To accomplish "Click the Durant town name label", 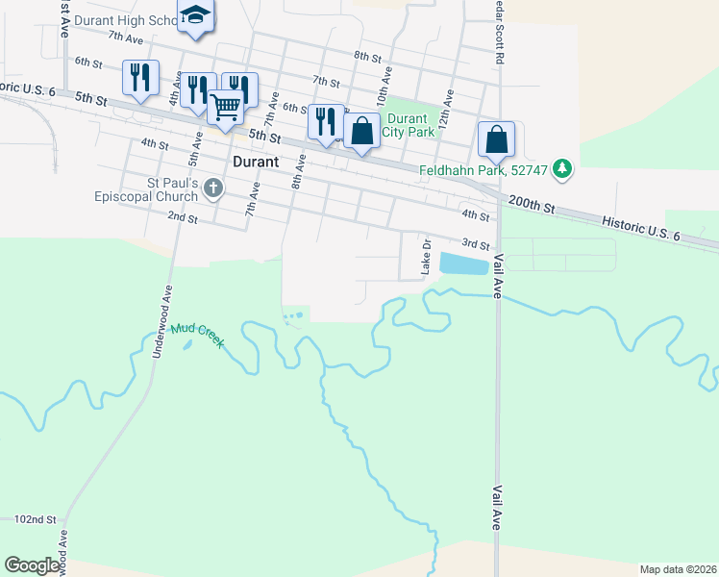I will pyautogui.click(x=256, y=162).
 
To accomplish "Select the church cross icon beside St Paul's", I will pyautogui.click(x=213, y=189).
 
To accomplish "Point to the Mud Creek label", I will pyautogui.click(x=198, y=335).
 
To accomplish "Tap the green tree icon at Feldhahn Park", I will pyautogui.click(x=563, y=170).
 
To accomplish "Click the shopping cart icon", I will pyautogui.click(x=225, y=107).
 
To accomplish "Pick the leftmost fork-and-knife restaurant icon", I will pyautogui.click(x=140, y=77).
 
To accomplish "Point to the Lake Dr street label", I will pyautogui.click(x=424, y=258).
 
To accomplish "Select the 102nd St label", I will pyautogui.click(x=35, y=519).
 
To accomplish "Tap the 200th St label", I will pyautogui.click(x=533, y=206).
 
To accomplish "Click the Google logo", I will pyautogui.click(x=33, y=564).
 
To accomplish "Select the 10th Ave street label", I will pyautogui.click(x=384, y=86).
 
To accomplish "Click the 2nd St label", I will pyautogui.click(x=182, y=218).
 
